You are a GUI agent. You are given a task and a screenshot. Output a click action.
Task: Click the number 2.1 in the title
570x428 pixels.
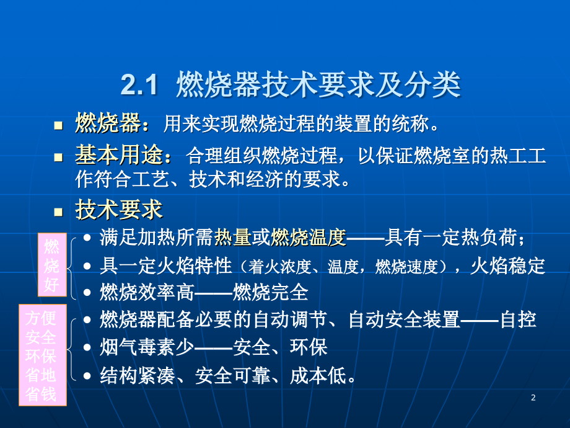click(139, 85)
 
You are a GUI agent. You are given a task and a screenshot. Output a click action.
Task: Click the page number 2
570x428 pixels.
click(533, 398)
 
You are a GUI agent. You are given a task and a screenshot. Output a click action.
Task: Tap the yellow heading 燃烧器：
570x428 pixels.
click(112, 123)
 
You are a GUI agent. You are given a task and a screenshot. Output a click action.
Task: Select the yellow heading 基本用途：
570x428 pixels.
click(123, 155)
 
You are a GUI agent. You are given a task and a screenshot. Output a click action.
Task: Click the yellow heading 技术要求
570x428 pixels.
click(118, 210)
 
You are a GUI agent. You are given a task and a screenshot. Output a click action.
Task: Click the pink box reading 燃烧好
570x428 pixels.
click(52, 265)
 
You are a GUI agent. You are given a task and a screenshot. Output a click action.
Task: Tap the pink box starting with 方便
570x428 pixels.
click(43, 355)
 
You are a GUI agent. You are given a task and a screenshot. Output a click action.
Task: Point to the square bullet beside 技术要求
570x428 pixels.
click(58, 212)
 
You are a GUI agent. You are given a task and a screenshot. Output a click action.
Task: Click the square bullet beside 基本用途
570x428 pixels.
click(58, 157)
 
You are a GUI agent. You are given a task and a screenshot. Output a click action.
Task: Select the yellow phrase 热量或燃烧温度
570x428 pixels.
click(280, 238)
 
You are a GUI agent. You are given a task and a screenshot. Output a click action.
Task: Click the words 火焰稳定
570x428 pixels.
click(508, 265)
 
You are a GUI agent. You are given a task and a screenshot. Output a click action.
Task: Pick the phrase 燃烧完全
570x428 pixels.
click(271, 292)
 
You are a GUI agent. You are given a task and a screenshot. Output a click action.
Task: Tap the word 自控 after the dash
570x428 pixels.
click(518, 319)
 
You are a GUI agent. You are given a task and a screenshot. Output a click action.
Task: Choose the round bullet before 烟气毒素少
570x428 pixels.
click(87, 347)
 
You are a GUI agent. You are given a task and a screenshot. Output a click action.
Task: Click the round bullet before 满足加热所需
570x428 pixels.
click(87, 238)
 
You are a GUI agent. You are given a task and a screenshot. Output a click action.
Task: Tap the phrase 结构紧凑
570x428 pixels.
click(138, 375)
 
